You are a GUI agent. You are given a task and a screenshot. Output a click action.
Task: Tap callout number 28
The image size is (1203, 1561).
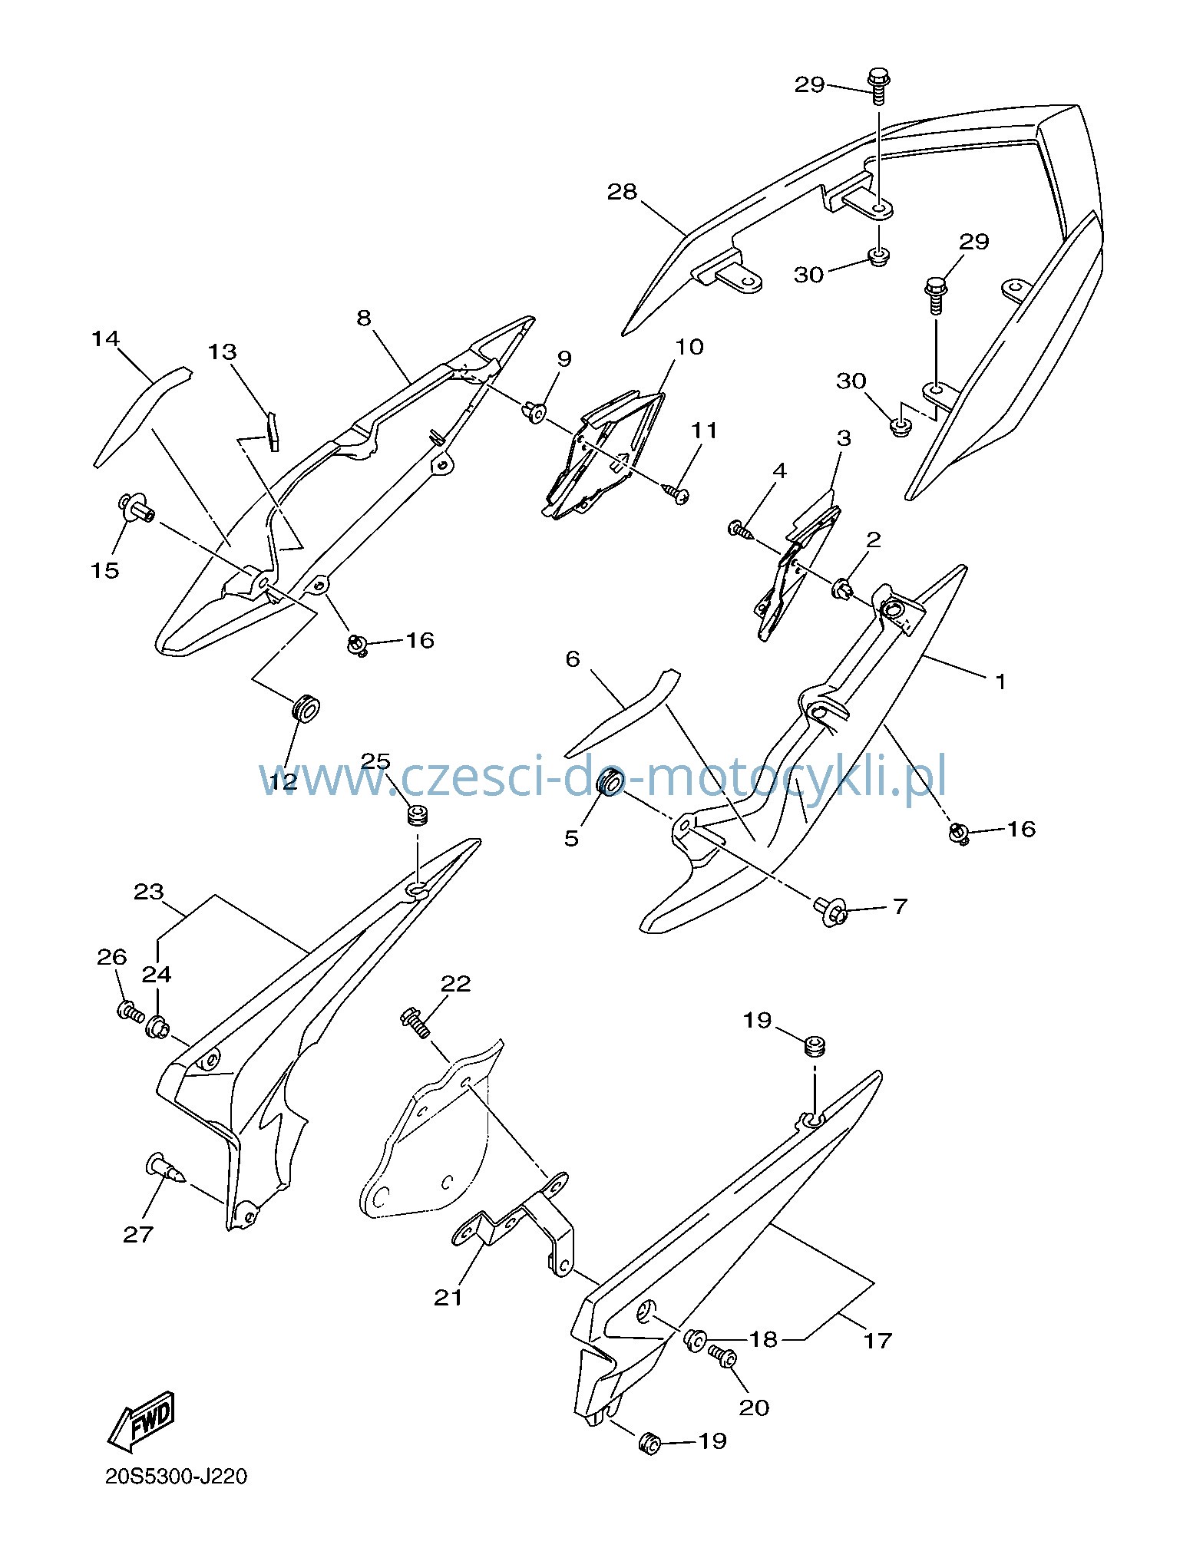622,192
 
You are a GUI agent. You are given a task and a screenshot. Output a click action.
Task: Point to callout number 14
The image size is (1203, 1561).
106,338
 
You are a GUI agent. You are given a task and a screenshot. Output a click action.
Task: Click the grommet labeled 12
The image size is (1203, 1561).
306,708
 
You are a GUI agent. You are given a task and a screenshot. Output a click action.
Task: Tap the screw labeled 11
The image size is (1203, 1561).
675,492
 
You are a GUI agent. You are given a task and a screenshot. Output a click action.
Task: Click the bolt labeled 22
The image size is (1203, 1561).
415,1021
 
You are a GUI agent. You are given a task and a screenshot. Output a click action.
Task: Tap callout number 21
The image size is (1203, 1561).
448,1297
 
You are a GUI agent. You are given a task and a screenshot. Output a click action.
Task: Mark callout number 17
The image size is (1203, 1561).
877,1341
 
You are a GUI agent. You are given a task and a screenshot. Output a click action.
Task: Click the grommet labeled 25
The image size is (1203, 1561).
417,815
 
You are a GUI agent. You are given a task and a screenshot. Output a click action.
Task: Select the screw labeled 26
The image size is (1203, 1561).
131,1011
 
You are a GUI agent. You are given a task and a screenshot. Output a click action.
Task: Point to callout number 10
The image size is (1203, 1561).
689,347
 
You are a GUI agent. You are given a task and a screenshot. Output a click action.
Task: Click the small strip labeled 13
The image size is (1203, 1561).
272,431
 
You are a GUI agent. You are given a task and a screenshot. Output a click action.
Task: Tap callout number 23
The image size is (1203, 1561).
149,892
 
